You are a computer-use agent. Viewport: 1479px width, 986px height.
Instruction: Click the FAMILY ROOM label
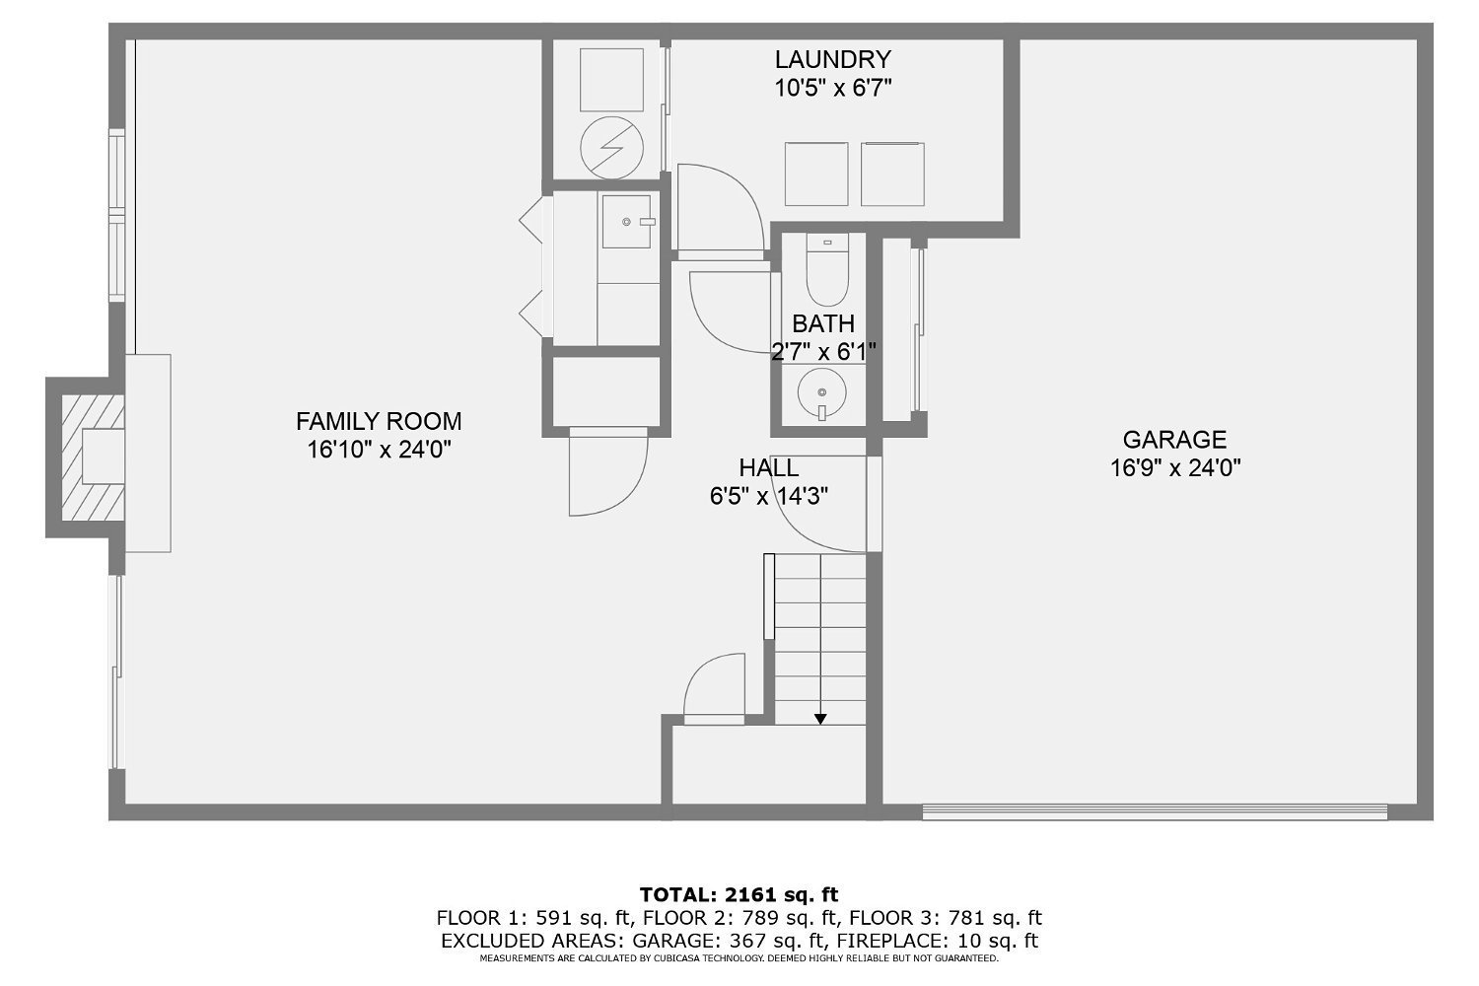[379, 421]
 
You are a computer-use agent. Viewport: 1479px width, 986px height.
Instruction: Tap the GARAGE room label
[1174, 439]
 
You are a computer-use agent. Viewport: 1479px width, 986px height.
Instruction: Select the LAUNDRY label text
[832, 59]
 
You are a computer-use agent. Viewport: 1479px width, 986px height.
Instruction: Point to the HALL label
[768, 467]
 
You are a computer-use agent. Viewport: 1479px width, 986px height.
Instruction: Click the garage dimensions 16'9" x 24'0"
[1175, 468]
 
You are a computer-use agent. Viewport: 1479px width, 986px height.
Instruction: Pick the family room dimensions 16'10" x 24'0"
[379, 450]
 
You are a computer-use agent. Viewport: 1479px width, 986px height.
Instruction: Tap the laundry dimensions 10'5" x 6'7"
[832, 88]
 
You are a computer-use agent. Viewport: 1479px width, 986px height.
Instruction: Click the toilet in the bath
[826, 269]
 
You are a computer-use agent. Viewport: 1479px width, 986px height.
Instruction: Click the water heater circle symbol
[611, 148]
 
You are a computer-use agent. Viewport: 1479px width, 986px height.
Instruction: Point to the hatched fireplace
[93, 458]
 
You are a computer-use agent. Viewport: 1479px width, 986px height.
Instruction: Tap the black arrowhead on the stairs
[820, 719]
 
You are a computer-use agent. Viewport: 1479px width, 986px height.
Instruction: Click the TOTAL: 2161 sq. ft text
[739, 894]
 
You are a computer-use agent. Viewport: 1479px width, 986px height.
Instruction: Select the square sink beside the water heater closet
[626, 221]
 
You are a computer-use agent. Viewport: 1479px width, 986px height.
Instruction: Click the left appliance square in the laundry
[816, 174]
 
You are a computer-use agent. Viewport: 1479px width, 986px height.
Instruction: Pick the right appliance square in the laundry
[892, 174]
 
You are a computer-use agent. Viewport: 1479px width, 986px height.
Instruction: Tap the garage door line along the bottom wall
[1155, 811]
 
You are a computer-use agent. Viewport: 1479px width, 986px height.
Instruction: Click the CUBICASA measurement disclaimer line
[739, 958]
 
